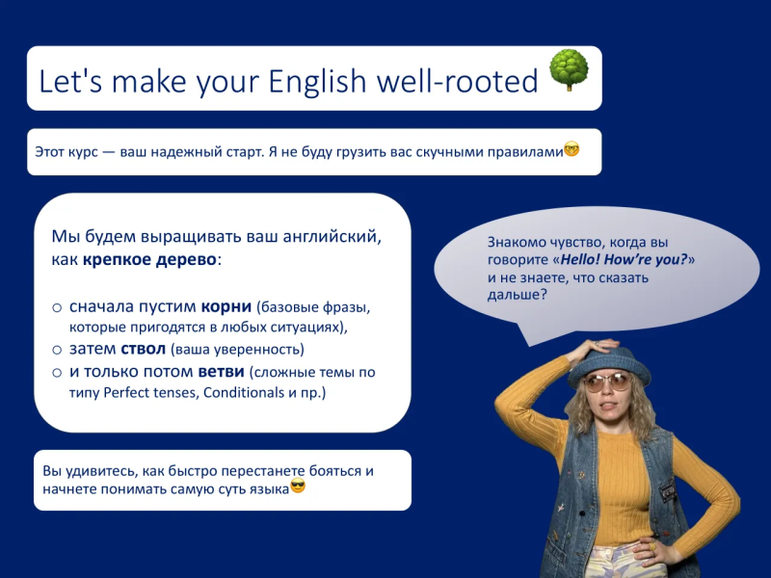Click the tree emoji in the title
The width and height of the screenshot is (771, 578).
click(569, 69)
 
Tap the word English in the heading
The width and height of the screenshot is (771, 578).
click(317, 81)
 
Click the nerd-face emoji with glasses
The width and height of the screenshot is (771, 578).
click(572, 149)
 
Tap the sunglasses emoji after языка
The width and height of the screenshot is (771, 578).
click(298, 486)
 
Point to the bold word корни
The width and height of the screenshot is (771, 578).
click(226, 306)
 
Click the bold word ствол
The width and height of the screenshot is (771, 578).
click(143, 349)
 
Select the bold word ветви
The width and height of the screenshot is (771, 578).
click(222, 372)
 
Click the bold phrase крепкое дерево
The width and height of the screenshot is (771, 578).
click(149, 259)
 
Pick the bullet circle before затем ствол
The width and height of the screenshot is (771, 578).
click(57, 350)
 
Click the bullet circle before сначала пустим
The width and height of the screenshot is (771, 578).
click(57, 308)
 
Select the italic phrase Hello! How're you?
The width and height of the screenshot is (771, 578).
click(624, 259)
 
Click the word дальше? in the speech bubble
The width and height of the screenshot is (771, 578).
click(517, 295)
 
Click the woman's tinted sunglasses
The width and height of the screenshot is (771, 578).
click(608, 382)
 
